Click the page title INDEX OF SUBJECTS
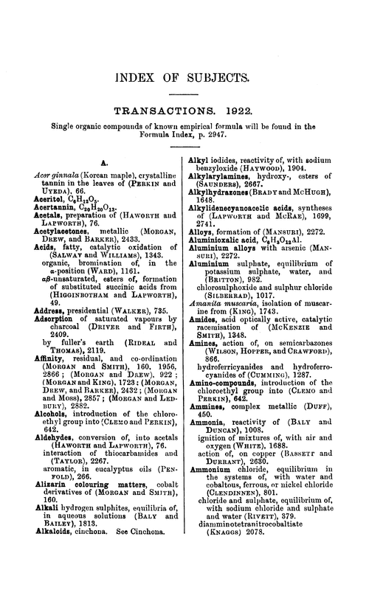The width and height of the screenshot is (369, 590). point(184,78)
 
